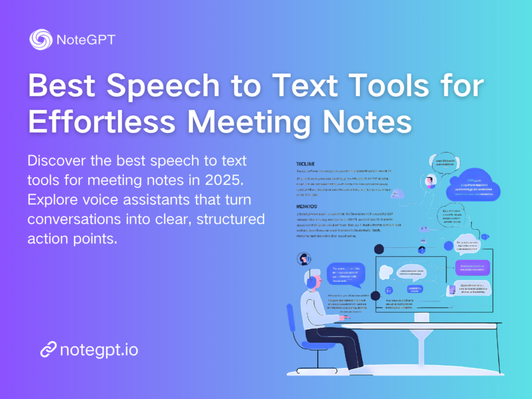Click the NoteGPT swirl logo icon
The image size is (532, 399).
(x=40, y=39)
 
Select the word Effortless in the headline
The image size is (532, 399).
(x=102, y=122)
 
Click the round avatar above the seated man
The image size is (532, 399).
(x=303, y=259)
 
